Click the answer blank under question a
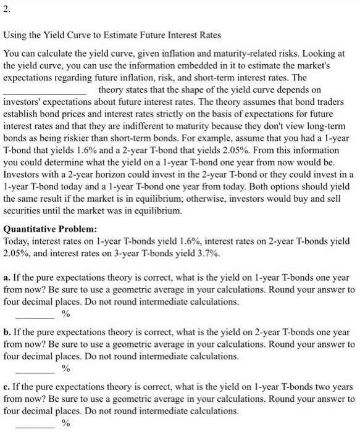click(x=35, y=314)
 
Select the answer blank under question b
click(x=35, y=368)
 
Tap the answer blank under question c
click(x=35, y=423)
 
